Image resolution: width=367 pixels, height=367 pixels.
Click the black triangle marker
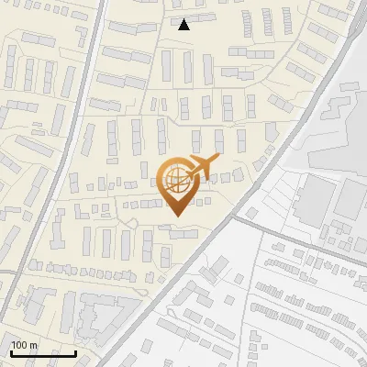click(184, 25)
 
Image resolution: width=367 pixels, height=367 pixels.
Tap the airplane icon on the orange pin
click(201, 167)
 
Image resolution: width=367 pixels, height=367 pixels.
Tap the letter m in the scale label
click(34, 345)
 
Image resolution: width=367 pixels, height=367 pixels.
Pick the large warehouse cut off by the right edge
click(352, 197)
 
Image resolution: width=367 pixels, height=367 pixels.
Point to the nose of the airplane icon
click(218, 160)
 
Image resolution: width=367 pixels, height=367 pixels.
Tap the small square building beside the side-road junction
click(250, 213)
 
